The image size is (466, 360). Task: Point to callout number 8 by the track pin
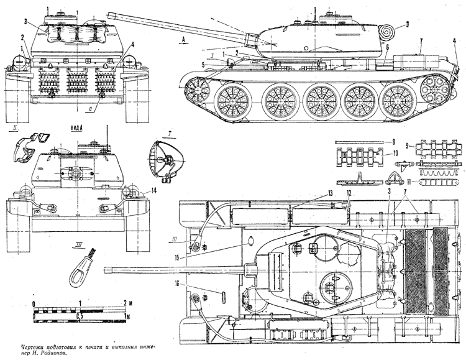(x=393, y=142)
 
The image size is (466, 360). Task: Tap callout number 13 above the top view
(x=331, y=193)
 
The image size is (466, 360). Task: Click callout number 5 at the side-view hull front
(x=203, y=63)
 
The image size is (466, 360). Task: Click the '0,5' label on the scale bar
(x=80, y=316)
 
